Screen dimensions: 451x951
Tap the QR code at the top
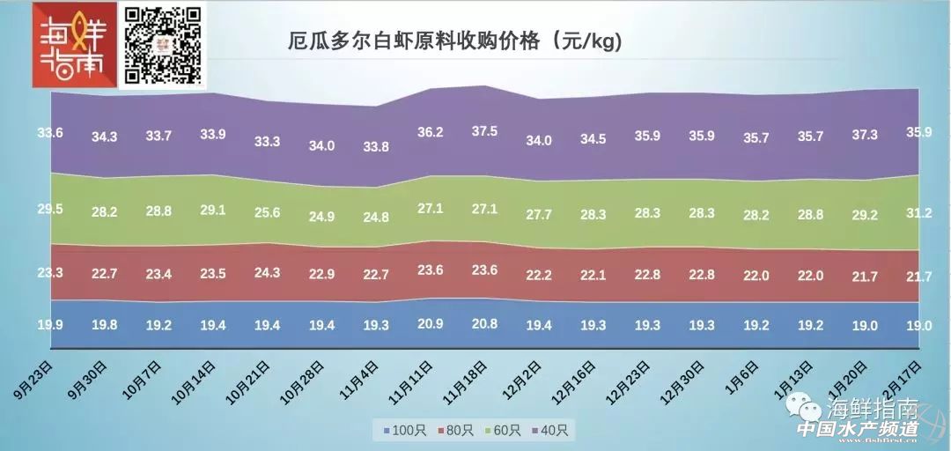163,45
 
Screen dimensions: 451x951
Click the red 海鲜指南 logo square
74,45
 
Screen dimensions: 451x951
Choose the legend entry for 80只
453,431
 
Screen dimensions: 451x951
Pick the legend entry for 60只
501,431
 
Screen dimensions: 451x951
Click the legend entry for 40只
549,431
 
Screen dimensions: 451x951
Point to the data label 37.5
484,131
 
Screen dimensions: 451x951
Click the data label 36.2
430,133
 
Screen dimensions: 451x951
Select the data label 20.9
430,323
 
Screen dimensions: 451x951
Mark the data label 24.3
267,273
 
